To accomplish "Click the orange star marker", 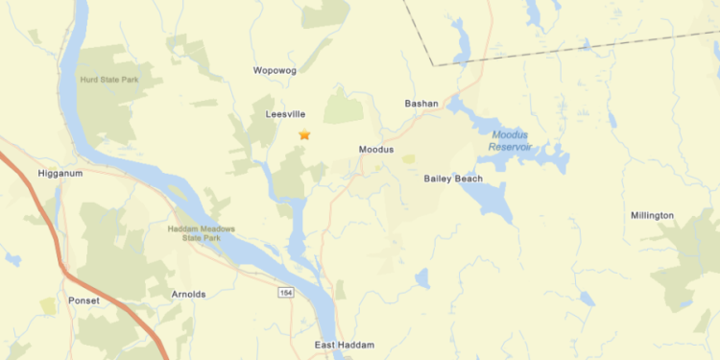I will pyautogui.click(x=304, y=135).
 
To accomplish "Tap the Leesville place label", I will pyautogui.click(x=284, y=114).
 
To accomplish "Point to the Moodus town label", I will pyautogui.click(x=375, y=149).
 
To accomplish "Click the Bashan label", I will pyautogui.click(x=421, y=104).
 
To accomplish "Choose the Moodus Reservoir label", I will pyautogui.click(x=516, y=141).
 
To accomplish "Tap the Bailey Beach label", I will pyautogui.click(x=452, y=179).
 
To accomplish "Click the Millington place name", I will pyautogui.click(x=652, y=215).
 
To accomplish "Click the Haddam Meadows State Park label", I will pyautogui.click(x=201, y=233).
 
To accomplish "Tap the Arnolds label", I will pyautogui.click(x=188, y=294).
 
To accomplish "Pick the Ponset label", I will pyautogui.click(x=84, y=299).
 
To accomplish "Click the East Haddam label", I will pyautogui.click(x=345, y=345).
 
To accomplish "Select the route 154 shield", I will pyautogui.click(x=286, y=293).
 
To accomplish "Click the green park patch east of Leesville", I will pyautogui.click(x=343, y=108).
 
